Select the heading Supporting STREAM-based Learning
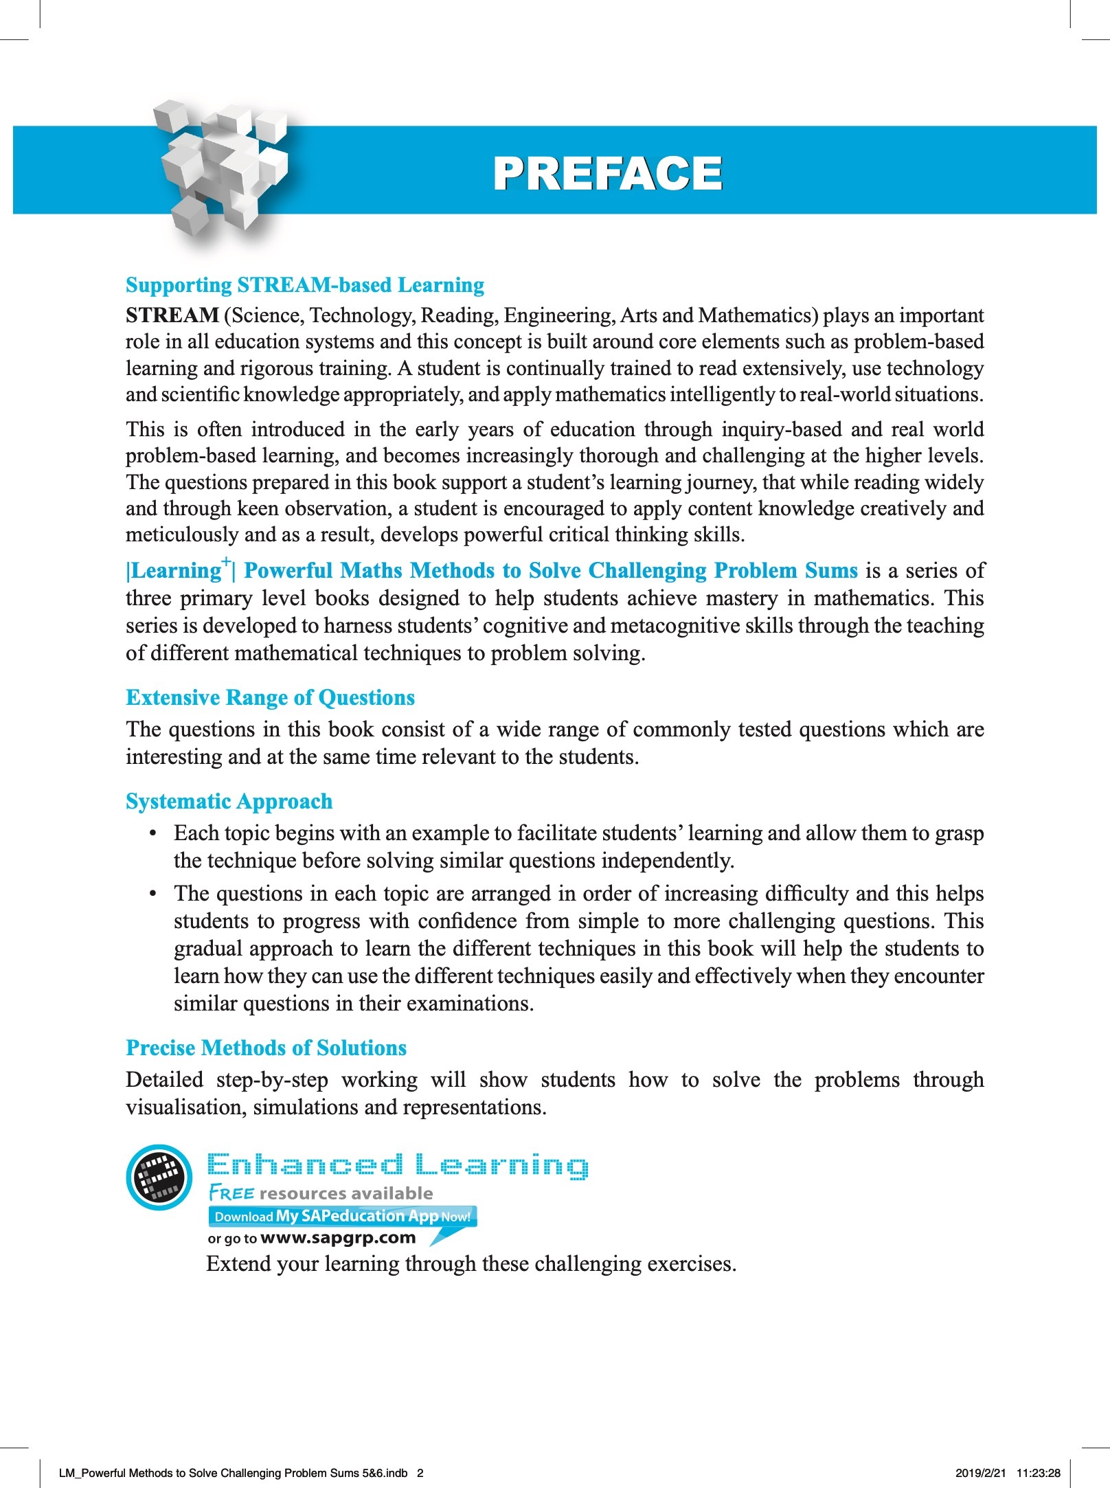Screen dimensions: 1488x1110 click(305, 284)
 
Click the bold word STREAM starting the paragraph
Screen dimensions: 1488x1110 click(172, 315)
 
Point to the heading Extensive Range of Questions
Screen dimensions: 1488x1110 click(270, 697)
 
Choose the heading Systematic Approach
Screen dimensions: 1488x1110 click(229, 801)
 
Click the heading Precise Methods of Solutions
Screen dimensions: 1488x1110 click(266, 1048)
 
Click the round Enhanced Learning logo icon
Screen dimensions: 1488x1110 click(159, 1177)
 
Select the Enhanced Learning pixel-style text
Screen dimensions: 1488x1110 click(398, 1165)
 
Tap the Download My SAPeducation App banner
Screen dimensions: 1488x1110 click(342, 1216)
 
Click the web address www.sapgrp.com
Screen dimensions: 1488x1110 click(338, 1238)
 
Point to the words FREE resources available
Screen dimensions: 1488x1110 click(321, 1193)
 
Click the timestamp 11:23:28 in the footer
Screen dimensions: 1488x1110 click(1038, 1473)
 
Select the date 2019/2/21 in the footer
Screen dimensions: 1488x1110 click(980, 1473)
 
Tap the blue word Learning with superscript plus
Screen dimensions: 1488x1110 click(177, 570)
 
